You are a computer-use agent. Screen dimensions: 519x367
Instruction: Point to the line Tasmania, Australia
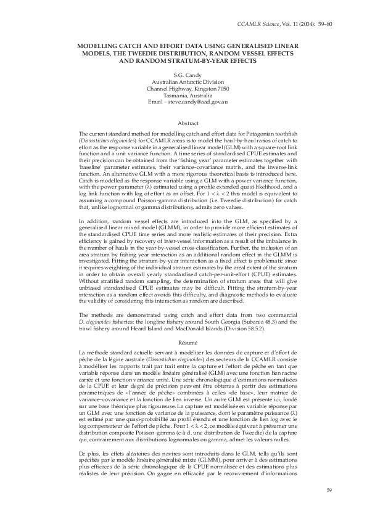(183, 96)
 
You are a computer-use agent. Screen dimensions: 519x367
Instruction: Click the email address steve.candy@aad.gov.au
(197, 102)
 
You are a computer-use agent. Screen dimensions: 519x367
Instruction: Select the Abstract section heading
(183, 123)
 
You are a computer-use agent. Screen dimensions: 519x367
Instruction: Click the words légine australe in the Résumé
(106, 358)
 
